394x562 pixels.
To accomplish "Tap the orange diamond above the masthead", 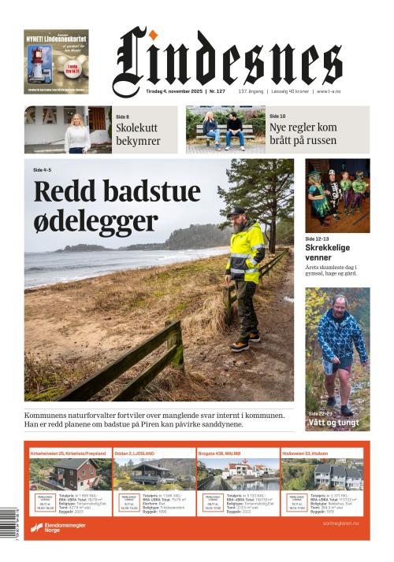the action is (x=156, y=34).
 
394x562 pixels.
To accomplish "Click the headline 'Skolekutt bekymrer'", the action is (x=138, y=134).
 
